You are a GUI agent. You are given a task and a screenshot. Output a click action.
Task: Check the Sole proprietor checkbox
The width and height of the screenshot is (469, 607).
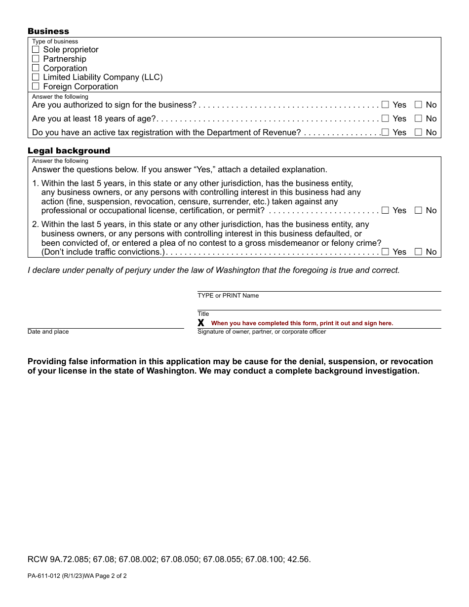[36, 49]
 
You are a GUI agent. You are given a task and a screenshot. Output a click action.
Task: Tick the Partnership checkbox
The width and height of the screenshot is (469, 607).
[36, 59]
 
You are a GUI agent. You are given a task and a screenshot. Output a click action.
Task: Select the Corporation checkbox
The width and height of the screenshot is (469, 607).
[36, 68]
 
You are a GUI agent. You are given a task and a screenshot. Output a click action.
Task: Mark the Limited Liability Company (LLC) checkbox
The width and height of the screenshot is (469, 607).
[36, 77]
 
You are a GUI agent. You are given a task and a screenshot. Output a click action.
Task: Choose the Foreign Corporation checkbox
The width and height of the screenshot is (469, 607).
[36, 86]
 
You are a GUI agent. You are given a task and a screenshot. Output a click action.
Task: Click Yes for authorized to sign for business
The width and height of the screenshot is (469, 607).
[385, 105]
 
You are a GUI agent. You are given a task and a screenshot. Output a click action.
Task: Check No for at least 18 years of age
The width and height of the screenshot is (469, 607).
[418, 118]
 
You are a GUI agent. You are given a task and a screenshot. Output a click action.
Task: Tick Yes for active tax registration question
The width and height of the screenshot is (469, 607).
[385, 132]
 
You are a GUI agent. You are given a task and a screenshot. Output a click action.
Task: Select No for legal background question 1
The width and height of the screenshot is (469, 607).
[418, 210]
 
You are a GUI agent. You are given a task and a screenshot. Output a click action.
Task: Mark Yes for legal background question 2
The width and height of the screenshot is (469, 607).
[385, 252]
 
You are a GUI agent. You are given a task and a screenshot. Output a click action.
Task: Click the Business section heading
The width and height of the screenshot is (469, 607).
[48, 31]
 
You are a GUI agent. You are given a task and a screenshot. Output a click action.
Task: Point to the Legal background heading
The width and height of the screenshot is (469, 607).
[69, 151]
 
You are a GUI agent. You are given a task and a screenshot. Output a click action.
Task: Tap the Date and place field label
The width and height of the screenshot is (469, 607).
[48, 332]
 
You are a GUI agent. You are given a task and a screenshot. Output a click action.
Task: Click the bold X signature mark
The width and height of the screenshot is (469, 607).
[201, 323]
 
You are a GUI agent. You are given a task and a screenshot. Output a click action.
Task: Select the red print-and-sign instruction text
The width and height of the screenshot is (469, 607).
[302, 323]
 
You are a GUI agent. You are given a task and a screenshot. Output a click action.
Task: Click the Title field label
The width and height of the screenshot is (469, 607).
[203, 314]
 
